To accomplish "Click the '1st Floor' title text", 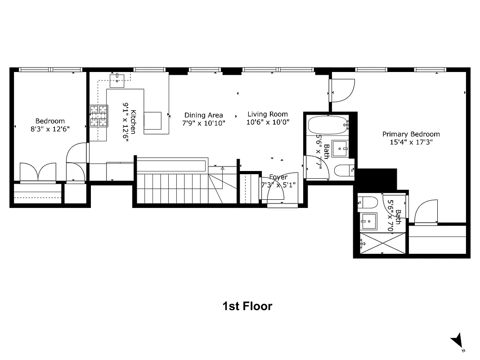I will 247,306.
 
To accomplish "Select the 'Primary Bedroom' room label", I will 411,134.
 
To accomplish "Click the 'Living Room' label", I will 268,114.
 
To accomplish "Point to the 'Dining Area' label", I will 203,115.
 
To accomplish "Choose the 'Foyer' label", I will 278,177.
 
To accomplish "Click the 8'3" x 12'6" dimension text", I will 50,128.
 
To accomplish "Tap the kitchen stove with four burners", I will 99,116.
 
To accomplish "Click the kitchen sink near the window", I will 117,80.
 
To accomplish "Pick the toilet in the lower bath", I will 366,202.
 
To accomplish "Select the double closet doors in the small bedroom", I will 38,172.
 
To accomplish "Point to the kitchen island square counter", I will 153,121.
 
